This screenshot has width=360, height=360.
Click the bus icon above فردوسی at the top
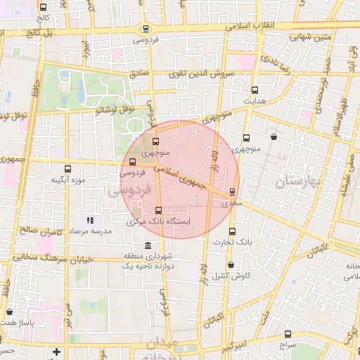[145, 29]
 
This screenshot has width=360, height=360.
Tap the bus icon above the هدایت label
[255, 90]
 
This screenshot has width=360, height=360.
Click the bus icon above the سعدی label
[233, 191]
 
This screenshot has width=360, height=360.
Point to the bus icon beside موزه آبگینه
[67, 169]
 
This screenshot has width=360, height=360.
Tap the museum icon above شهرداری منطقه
[147, 245]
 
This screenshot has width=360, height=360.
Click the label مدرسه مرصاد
[89, 231]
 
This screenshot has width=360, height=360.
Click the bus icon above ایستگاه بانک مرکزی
[157, 210]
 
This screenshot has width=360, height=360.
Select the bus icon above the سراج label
[288, 335]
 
